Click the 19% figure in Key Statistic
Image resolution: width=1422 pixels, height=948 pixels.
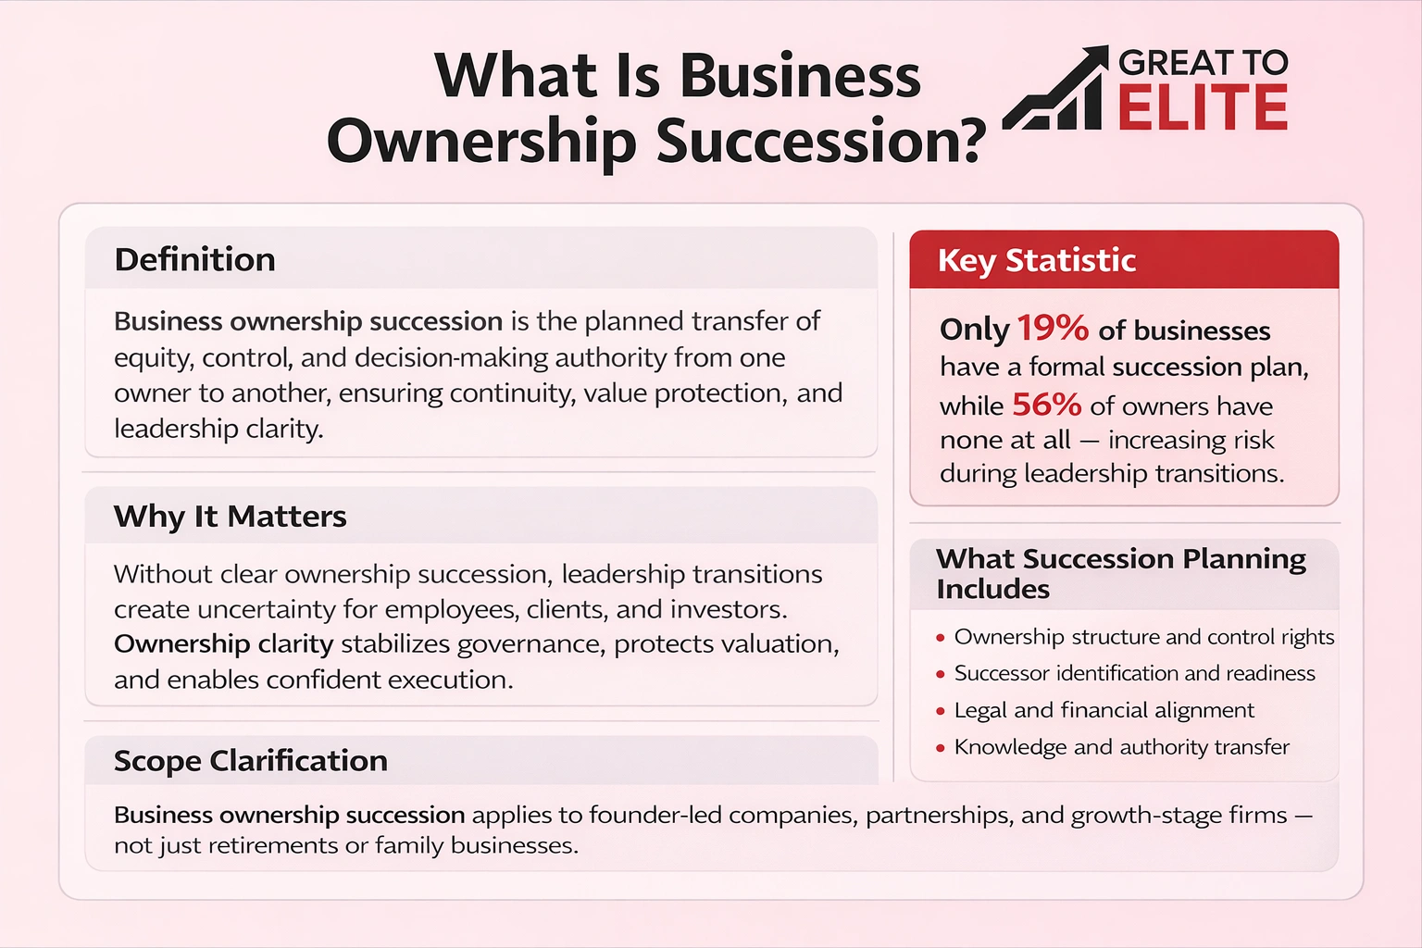click(1052, 328)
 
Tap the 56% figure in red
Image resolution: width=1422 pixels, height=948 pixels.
click(1046, 405)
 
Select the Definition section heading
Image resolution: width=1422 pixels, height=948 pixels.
click(194, 259)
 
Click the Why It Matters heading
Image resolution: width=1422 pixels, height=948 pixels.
click(230, 516)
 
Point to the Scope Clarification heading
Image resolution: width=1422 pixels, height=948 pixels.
click(250, 760)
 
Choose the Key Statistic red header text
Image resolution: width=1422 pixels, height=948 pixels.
click(1036, 260)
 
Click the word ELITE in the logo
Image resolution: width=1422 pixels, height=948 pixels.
click(1203, 107)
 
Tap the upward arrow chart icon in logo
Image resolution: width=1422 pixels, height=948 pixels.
click(1055, 90)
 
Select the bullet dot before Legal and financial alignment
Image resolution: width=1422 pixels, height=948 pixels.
click(941, 712)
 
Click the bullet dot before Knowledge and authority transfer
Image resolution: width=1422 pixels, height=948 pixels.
click(941, 748)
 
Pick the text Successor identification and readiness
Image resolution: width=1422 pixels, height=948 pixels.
click(1134, 673)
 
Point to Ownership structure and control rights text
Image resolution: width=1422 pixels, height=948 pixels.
click(1144, 637)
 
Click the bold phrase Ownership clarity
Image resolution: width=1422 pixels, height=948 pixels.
click(223, 643)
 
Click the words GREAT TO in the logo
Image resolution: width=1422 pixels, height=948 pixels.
click(1203, 62)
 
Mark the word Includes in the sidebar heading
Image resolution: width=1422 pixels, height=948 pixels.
click(992, 589)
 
